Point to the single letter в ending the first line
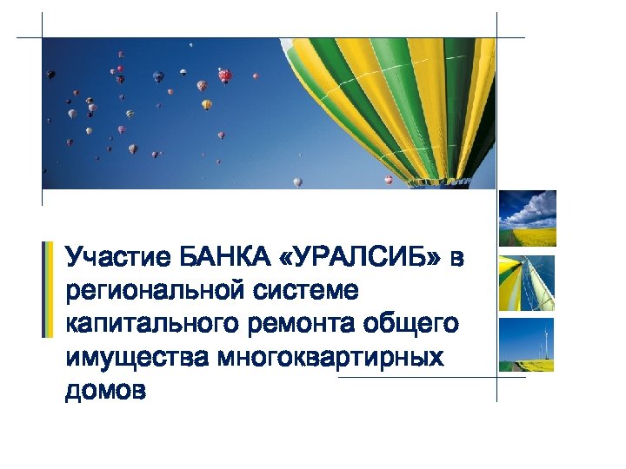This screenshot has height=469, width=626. [458, 258]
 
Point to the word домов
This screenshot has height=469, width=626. [105, 391]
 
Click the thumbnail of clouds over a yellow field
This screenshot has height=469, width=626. [527, 219]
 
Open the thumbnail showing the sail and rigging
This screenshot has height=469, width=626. [527, 283]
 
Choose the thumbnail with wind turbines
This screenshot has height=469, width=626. [527, 345]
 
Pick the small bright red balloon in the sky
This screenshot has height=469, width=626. [225, 76]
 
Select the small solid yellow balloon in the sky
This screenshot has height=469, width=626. [206, 104]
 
